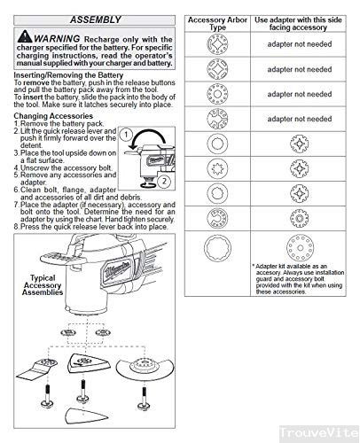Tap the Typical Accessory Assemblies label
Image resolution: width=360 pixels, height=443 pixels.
point(45,286)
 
